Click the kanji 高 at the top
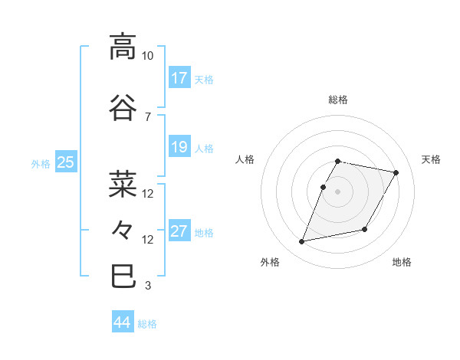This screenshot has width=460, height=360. pyautogui.click(x=123, y=47)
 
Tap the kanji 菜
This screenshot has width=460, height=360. pyautogui.click(x=123, y=184)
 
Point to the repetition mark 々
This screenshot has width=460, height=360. pyautogui.click(x=123, y=229)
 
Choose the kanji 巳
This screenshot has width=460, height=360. pyautogui.click(x=123, y=276)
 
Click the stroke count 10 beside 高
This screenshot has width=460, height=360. pyautogui.click(x=148, y=56)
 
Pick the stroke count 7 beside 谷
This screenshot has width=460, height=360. pyautogui.click(x=148, y=116)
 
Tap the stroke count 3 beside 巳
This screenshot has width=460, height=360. pyautogui.click(x=148, y=286)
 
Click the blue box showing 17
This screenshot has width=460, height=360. pyautogui.click(x=179, y=78)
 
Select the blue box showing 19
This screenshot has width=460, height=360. pyautogui.click(x=179, y=147)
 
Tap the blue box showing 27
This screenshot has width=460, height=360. pyautogui.click(x=179, y=231)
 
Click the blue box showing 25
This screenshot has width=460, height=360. pyautogui.click(x=66, y=162)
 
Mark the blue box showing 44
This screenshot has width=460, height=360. pyautogui.click(x=123, y=323)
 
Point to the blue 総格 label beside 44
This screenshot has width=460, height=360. pyautogui.click(x=147, y=324)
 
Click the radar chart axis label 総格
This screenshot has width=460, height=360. pyautogui.click(x=338, y=100)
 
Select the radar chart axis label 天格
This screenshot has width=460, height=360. pyautogui.click(x=431, y=159)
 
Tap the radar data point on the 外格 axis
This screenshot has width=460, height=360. pyautogui.click(x=302, y=242)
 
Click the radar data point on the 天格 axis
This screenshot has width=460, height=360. pyautogui.click(x=396, y=173)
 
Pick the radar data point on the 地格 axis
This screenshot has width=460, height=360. pyautogui.click(x=365, y=229)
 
